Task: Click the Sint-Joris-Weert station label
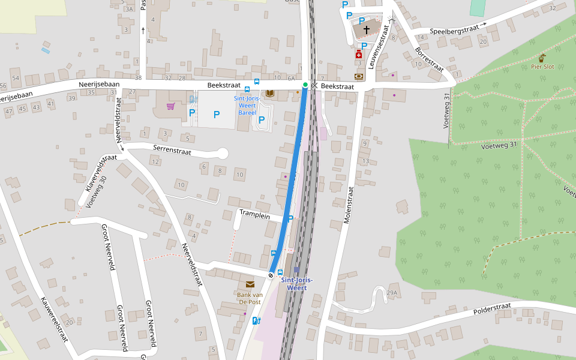point(297,284)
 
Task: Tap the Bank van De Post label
point(251,298)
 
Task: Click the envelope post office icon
point(250,284)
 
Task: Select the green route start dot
point(305,85)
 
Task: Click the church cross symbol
point(366,29)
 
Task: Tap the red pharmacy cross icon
point(359,55)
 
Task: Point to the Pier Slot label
point(542,67)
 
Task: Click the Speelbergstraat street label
point(454,29)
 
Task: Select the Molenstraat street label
point(350,204)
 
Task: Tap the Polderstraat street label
point(492,308)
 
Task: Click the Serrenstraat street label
point(172,152)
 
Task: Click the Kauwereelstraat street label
point(55,319)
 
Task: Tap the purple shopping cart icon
point(171,107)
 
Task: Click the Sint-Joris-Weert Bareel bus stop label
point(247,105)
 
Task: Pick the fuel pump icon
point(256,320)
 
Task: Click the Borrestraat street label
point(428,60)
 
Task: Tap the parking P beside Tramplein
point(291,219)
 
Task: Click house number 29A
point(392,293)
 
